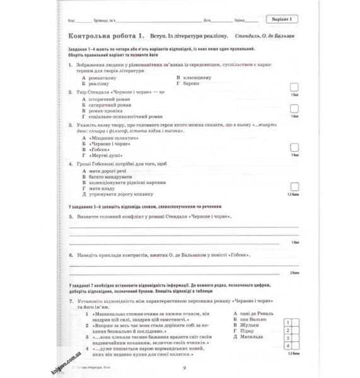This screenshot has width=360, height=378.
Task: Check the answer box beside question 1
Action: point(293,88)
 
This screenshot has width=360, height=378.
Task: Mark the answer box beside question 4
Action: point(293,186)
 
